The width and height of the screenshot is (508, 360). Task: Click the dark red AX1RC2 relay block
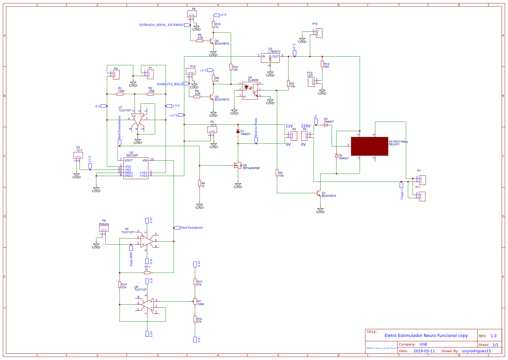tap(369, 146)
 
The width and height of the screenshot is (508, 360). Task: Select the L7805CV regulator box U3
tap(270, 58)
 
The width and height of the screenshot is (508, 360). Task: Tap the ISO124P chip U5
tap(136, 168)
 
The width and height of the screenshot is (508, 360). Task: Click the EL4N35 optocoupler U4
tap(250, 91)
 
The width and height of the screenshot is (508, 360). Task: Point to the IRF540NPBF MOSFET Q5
tap(237, 166)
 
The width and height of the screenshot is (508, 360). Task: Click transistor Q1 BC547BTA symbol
tap(319, 193)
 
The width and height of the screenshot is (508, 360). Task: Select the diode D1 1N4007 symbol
tap(238, 131)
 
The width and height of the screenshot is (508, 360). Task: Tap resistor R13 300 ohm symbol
tap(322, 64)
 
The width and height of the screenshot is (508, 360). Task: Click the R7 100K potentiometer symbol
tap(195, 302)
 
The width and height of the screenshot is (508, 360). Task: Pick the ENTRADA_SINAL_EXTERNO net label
tap(161, 25)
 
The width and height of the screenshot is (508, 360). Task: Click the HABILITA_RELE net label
tap(170, 84)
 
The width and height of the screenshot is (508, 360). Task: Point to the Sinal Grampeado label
tap(191, 228)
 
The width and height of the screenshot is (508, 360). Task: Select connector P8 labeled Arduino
tap(104, 229)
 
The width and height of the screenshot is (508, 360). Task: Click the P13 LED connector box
tap(311, 82)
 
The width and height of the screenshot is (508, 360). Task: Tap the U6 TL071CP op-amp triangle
tap(146, 242)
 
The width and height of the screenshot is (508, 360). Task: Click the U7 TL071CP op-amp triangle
tap(137, 119)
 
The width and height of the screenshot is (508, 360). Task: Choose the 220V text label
tap(306, 126)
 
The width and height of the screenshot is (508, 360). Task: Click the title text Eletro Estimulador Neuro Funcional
tap(426, 336)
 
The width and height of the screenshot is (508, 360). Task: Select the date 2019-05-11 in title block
tap(424, 351)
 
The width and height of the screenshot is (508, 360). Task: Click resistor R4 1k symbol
tap(200, 183)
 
